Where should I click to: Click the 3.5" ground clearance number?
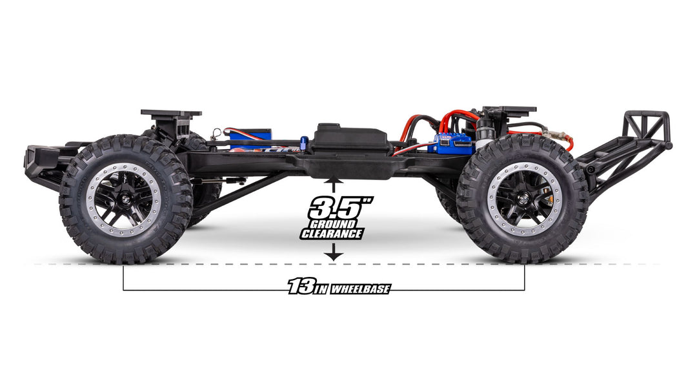point(332,208)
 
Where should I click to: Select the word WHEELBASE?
point(360,289)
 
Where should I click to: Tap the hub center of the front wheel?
point(124,199)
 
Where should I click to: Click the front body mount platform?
point(170,114)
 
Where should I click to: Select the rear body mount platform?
point(510,110)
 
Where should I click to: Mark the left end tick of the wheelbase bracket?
point(123,278)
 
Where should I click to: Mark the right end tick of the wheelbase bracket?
point(524,278)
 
